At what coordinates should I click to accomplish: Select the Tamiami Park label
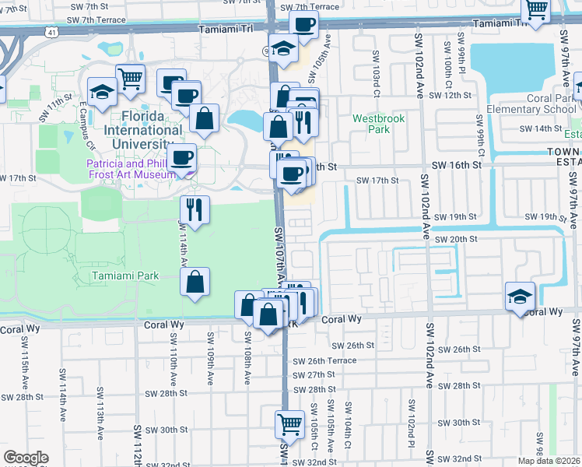124,276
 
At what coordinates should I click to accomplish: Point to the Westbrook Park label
371,124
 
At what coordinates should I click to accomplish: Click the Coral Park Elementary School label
529,104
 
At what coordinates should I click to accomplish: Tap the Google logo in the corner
26,457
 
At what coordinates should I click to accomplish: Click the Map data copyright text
549,460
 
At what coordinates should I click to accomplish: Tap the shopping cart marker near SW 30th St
289,424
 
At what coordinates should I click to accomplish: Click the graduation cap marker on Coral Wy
520,296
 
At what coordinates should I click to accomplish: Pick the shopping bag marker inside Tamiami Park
196,282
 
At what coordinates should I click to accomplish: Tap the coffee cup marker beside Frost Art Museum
182,158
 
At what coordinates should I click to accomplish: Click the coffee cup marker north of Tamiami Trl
304,25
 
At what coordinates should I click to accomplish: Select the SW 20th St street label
456,240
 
